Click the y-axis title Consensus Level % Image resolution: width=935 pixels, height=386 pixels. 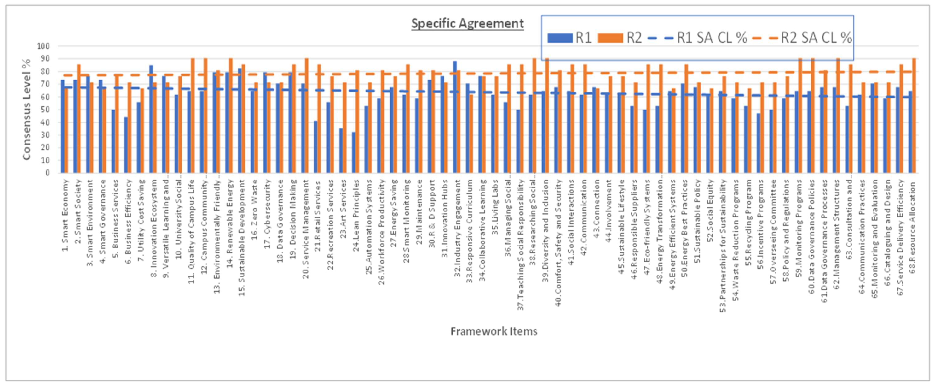(26, 109)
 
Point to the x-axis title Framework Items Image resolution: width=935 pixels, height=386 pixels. (493, 331)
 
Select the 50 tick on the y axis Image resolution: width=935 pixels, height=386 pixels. (45, 110)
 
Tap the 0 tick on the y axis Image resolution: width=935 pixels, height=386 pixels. (47, 173)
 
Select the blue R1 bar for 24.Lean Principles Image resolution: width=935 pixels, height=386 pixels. (354, 153)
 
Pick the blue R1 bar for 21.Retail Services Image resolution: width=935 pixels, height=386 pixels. (315, 147)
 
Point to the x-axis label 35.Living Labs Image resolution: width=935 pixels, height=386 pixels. (495, 204)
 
